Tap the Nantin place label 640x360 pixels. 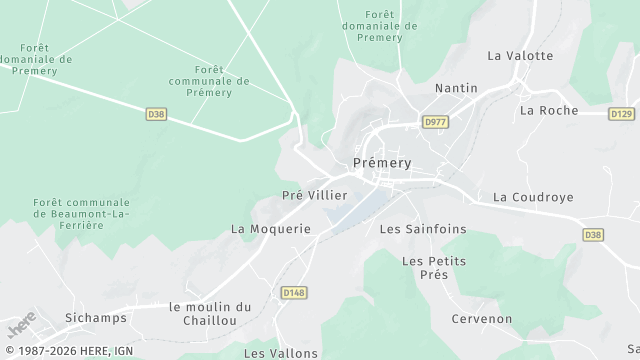click(x=455, y=88)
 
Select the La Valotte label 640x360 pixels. click(x=520, y=56)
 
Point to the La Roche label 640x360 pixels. click(x=549, y=110)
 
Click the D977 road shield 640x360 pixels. click(x=435, y=122)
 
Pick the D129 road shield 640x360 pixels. click(x=621, y=114)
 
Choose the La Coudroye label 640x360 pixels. click(x=534, y=197)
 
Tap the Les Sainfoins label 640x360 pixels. click(x=423, y=229)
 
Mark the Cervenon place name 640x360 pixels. click(x=482, y=319)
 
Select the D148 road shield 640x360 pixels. click(x=293, y=292)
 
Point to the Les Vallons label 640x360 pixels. click(x=281, y=353)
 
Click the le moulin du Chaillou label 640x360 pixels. click(x=210, y=313)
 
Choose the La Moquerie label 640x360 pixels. click(x=271, y=229)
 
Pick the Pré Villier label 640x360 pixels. click(x=315, y=196)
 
